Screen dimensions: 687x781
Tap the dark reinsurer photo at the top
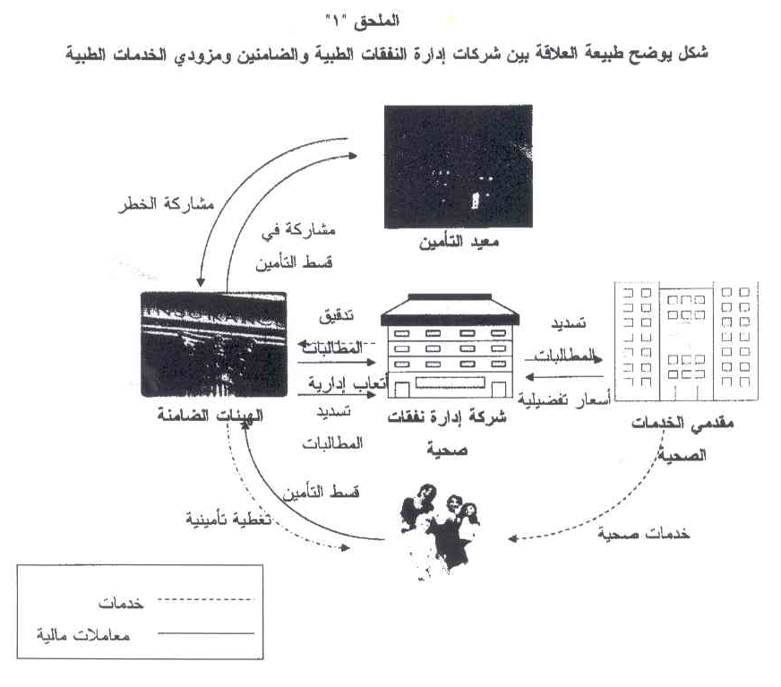(458, 167)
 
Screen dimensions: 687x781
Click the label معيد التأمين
(458, 244)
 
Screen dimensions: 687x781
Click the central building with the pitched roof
(451, 349)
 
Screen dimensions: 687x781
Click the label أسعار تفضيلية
(562, 397)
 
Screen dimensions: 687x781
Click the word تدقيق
(336, 318)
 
